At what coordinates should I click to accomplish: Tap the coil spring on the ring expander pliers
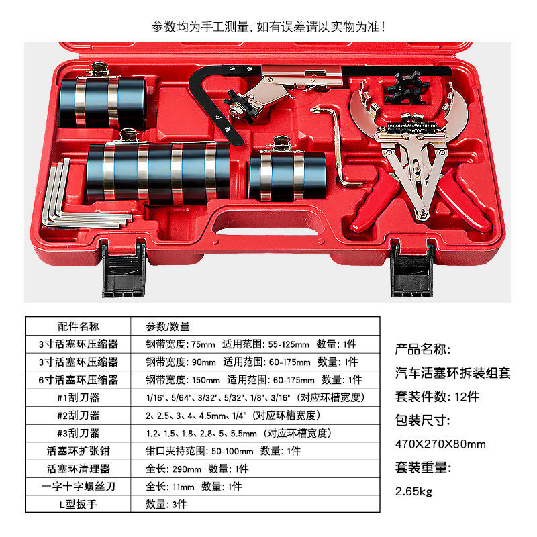tap(412, 127)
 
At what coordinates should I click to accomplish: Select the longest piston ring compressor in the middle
tap(158, 173)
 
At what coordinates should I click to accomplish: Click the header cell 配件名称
tap(79, 326)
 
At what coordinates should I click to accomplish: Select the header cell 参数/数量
tap(168, 327)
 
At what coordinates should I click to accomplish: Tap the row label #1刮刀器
tap(79, 397)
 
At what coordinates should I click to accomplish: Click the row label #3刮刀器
tap(79, 433)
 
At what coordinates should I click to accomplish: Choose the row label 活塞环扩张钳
tap(79, 451)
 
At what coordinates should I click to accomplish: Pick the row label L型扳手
tap(79, 505)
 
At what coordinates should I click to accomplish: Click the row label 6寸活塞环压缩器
tap(79, 380)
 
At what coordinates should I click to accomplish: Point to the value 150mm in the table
tap(206, 380)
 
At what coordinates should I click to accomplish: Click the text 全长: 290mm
tap(174, 469)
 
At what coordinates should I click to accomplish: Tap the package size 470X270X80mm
tap(440, 444)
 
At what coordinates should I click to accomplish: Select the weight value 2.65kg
tap(413, 492)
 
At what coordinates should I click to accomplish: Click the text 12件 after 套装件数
tap(467, 397)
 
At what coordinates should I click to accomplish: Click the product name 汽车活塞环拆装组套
tap(452, 373)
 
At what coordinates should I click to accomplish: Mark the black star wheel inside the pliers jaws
tap(407, 88)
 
